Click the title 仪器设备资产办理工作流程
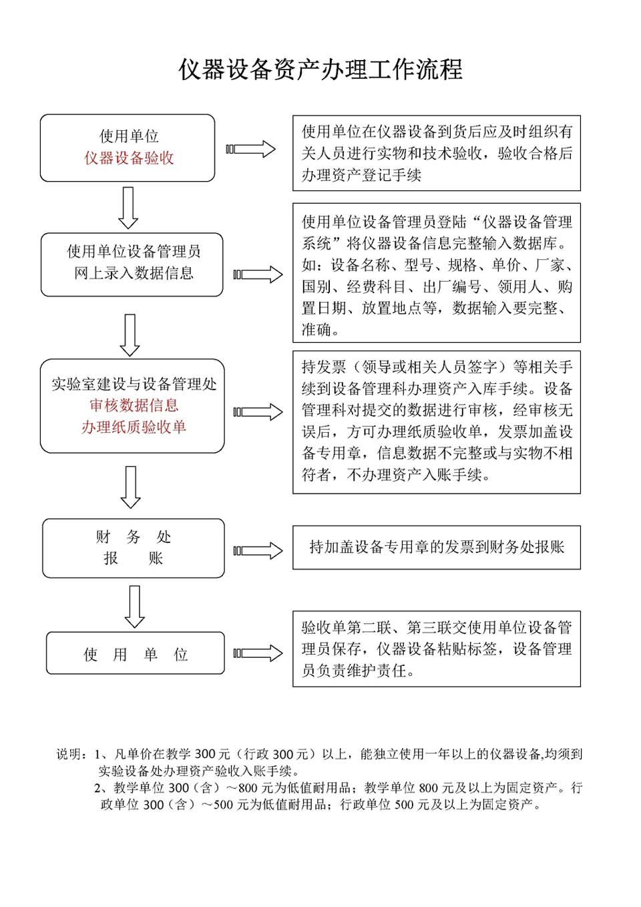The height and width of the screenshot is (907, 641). pos(320,69)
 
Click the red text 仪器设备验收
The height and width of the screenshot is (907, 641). pos(129,158)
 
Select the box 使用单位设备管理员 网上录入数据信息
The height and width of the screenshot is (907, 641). pos(132,264)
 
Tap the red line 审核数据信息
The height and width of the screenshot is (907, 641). pos(134,405)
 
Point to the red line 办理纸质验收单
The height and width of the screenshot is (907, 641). pos(134,427)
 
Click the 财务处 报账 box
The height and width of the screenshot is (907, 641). pos(134,548)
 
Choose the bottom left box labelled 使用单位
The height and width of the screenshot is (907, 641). pos(136,653)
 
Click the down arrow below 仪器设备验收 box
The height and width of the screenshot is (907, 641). pos(128,208)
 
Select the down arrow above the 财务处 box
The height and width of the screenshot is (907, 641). pos(131,487)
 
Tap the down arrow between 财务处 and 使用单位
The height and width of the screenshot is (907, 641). pos(135,606)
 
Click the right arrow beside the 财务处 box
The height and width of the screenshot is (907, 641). pos(258,551)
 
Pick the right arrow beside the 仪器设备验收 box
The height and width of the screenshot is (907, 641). pos(250,149)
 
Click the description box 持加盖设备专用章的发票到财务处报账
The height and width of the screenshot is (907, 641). pos(437,548)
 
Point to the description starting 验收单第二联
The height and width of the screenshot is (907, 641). pos(437,649)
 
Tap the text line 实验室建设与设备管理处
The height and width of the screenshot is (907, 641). pos(134,384)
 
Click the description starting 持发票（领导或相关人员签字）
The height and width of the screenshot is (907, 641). pos(437,422)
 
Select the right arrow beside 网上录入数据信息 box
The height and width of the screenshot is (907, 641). pos(258,275)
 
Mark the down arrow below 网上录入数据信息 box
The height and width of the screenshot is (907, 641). pos(130,335)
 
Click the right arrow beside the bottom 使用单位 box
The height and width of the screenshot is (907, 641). pos(258,653)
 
